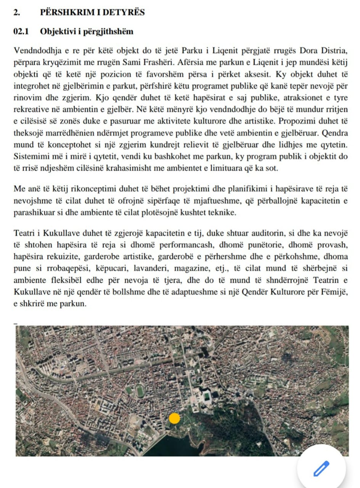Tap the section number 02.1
21,31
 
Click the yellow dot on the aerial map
174,418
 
